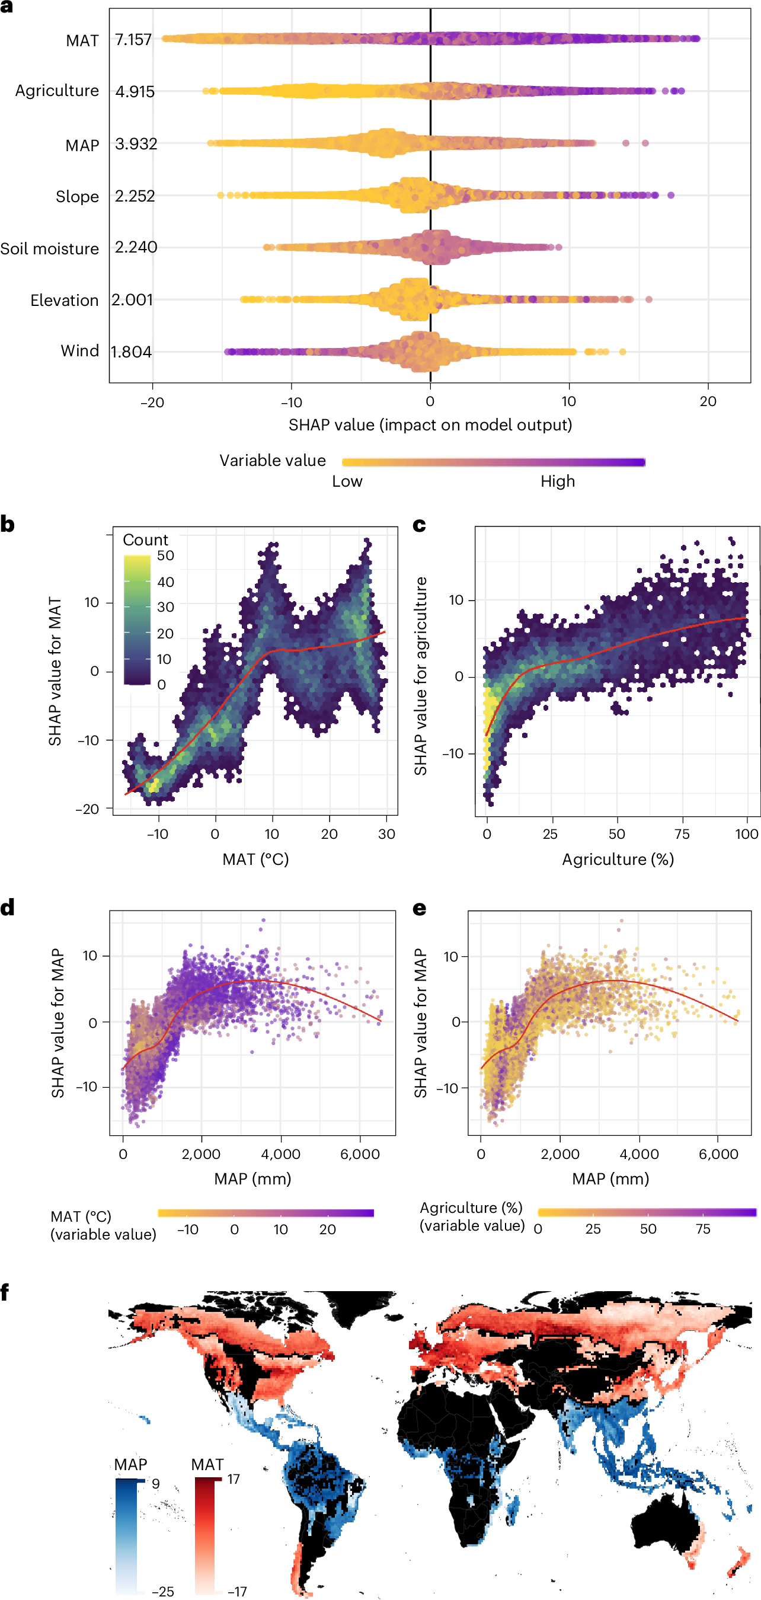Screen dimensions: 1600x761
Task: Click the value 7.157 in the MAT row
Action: [x=133, y=40]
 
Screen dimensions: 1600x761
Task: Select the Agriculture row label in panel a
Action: [x=56, y=91]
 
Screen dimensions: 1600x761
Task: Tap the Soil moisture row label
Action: [x=49, y=248]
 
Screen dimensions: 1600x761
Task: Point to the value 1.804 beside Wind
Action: [x=131, y=352]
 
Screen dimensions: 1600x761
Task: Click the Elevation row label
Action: [x=64, y=300]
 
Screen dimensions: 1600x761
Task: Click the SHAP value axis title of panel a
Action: [x=430, y=425]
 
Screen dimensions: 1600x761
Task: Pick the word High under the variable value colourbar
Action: [x=557, y=481]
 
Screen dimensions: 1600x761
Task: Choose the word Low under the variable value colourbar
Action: [x=347, y=481]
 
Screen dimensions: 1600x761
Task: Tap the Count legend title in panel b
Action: [x=145, y=539]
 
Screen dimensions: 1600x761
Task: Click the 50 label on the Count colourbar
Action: [x=165, y=555]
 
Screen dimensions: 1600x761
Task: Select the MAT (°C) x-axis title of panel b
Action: [x=255, y=859]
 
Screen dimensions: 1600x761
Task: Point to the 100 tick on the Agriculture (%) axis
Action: [x=746, y=833]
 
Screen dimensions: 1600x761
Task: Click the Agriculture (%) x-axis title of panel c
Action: [x=618, y=859]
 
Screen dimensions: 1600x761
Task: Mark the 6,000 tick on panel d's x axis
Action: [x=360, y=1154]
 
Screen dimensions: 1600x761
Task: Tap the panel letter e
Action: [x=420, y=909]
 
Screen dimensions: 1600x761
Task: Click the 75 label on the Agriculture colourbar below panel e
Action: [x=702, y=1228]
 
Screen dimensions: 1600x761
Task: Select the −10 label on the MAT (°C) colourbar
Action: [x=188, y=1229]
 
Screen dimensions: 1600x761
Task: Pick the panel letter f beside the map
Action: [x=5, y=1292]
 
